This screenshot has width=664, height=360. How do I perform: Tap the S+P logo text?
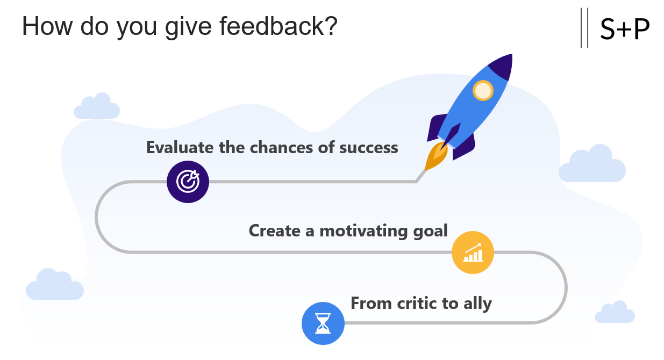[x=625, y=29]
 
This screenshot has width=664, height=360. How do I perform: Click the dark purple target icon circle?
[x=188, y=182]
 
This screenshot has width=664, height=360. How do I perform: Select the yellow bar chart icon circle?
[x=473, y=253]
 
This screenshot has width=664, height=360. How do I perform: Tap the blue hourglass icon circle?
[x=323, y=323]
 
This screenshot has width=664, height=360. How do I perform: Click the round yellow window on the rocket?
[x=483, y=90]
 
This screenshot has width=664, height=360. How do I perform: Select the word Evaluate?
[x=180, y=147]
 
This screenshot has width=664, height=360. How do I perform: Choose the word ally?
[x=477, y=304]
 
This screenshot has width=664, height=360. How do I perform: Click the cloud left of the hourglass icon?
[x=55, y=284]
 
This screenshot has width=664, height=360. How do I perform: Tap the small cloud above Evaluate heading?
[x=97, y=106]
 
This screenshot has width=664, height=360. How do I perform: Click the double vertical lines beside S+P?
[x=584, y=27]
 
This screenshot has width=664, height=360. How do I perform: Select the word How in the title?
[x=47, y=26]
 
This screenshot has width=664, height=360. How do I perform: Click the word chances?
[x=281, y=147]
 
